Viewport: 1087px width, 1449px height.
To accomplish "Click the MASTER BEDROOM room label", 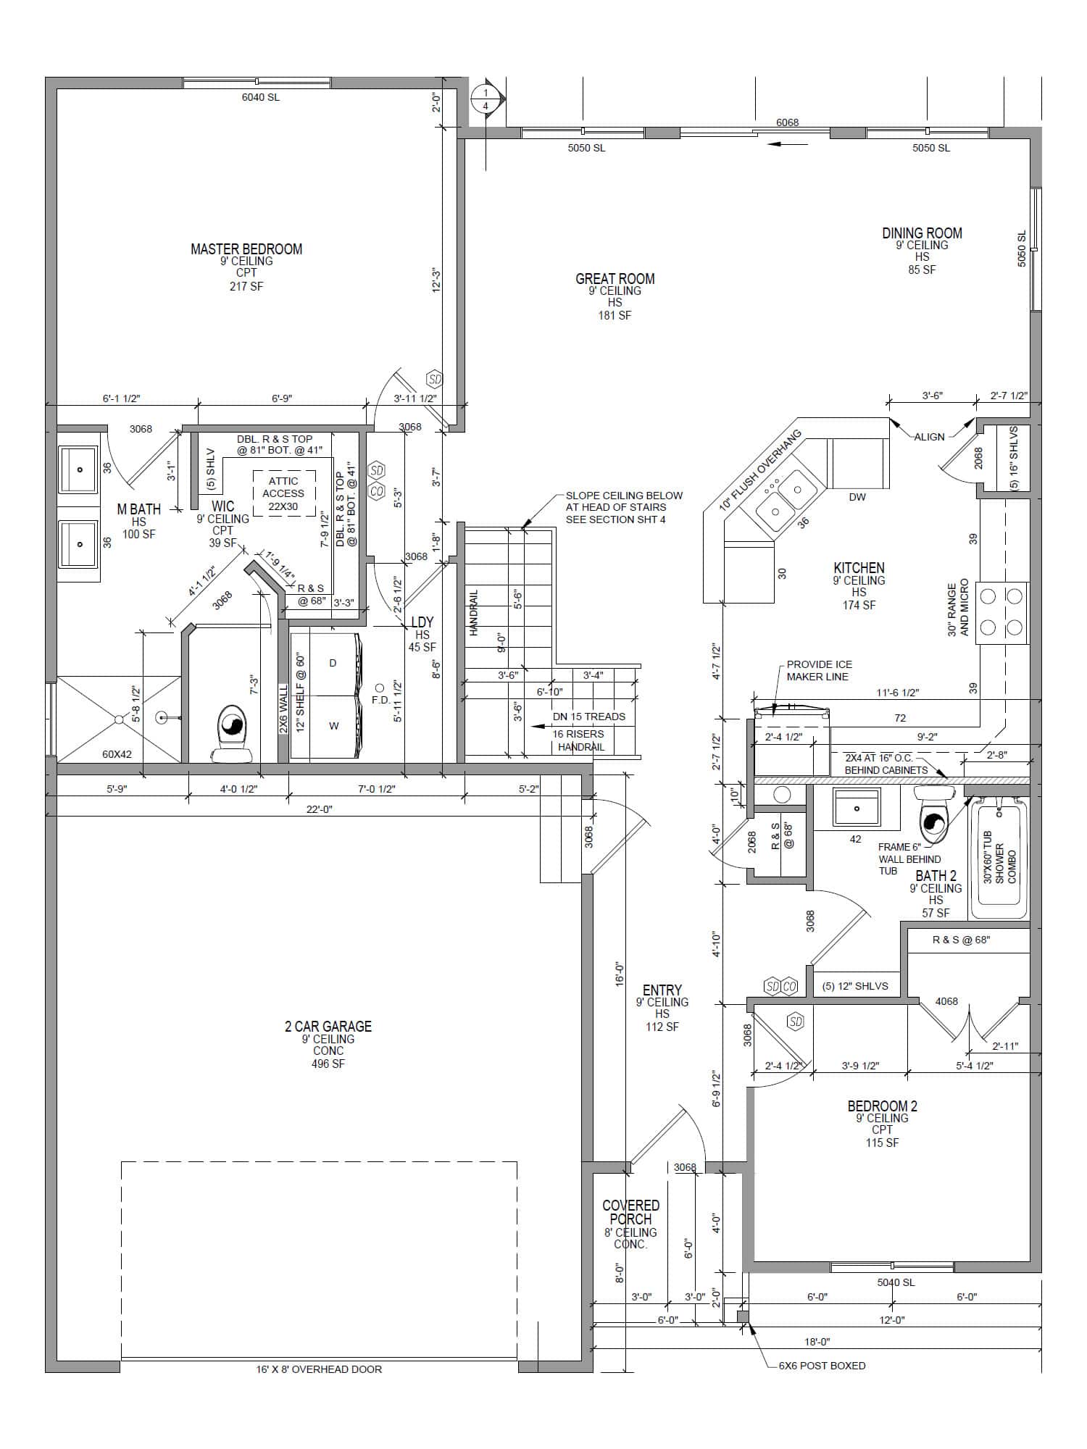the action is click(246, 249).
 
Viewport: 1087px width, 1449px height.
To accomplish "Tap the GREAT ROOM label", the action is click(615, 279).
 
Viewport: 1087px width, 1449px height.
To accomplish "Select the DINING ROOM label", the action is click(922, 233).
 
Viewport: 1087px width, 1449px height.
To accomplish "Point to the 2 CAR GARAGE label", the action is click(328, 1026).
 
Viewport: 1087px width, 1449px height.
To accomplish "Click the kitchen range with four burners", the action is click(1001, 612).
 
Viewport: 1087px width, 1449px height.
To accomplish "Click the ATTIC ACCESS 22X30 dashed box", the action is click(283, 493).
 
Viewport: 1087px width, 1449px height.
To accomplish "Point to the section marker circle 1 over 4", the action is click(486, 99).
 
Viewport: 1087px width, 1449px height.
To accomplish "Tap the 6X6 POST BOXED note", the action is click(822, 1366).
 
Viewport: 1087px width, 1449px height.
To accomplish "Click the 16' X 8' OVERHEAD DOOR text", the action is click(319, 1369).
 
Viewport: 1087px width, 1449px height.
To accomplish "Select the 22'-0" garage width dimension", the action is click(319, 809).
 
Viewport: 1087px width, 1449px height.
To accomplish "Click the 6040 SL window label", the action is click(261, 97).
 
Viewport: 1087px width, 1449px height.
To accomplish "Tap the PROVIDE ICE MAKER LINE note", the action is click(820, 670).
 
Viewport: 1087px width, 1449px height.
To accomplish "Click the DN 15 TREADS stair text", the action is click(589, 717).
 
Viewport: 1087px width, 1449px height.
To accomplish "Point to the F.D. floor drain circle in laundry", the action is click(379, 688).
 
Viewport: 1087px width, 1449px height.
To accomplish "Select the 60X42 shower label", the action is click(117, 754).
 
